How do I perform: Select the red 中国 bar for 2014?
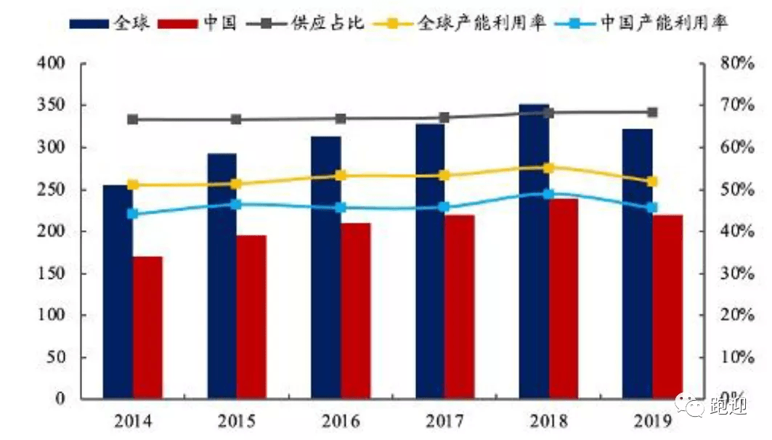[x=147, y=327]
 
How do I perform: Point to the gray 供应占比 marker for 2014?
[x=133, y=119]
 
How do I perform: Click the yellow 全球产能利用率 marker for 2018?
[x=549, y=168]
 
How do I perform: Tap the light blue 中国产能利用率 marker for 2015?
[x=236, y=204]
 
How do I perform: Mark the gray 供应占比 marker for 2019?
[x=652, y=113]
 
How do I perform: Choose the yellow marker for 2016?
[x=341, y=176]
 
